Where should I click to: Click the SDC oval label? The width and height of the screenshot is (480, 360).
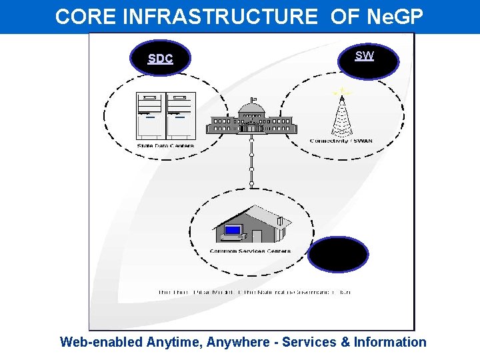tap(160, 58)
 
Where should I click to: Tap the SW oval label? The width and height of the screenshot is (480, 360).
tap(365, 56)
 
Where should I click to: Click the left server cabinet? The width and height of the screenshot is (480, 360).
tap(149, 115)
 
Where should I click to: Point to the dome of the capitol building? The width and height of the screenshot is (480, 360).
tap(252, 106)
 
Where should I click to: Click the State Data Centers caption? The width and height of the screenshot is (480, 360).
tap(165, 146)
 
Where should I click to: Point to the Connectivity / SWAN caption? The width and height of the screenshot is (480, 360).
tap(341, 141)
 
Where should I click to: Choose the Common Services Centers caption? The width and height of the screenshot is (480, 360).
tap(251, 251)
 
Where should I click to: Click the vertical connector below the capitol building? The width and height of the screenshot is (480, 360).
tap(251, 161)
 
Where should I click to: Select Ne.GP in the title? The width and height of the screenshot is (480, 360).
tap(393, 17)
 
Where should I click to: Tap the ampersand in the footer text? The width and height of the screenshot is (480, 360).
tap(343, 343)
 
